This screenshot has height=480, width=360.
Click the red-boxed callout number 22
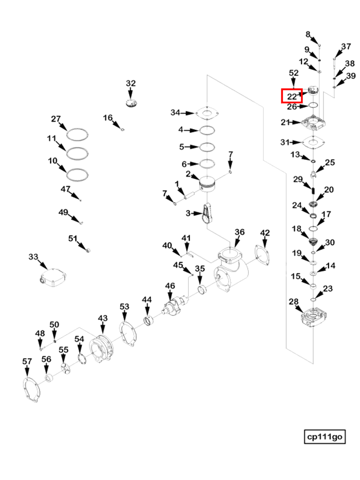[292, 97]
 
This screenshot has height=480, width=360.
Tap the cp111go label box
[324, 436]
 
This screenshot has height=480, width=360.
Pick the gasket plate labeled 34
[207, 113]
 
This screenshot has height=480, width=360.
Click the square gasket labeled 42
[262, 255]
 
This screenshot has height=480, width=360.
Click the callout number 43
[103, 319]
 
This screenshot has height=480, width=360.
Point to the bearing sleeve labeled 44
[149, 321]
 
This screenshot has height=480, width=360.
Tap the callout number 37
[346, 46]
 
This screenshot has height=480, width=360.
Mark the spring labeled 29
[314, 191]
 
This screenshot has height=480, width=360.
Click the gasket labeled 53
[127, 334]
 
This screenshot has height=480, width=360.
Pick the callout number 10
[53, 161]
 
